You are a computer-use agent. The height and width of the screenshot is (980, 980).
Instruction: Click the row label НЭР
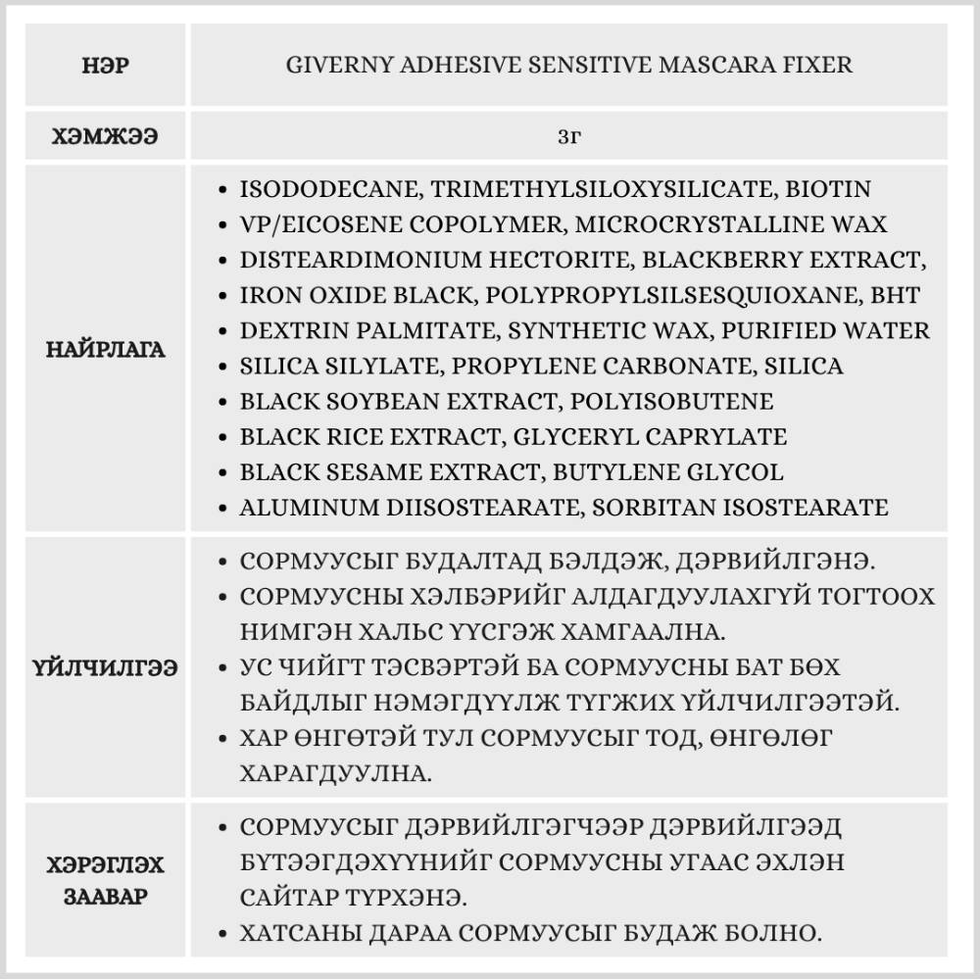[106, 66]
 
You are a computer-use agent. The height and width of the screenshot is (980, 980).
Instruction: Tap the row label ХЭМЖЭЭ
[106, 137]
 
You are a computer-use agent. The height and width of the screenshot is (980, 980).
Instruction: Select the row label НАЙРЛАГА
[106, 349]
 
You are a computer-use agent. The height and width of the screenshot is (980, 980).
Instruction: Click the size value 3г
[568, 137]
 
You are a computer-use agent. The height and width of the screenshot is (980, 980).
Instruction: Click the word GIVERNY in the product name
[334, 66]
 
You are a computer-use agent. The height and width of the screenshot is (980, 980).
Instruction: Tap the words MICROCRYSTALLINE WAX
[731, 224]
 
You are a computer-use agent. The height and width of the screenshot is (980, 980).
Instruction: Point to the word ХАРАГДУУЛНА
[334, 773]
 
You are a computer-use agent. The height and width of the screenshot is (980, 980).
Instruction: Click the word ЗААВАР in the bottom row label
[106, 897]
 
